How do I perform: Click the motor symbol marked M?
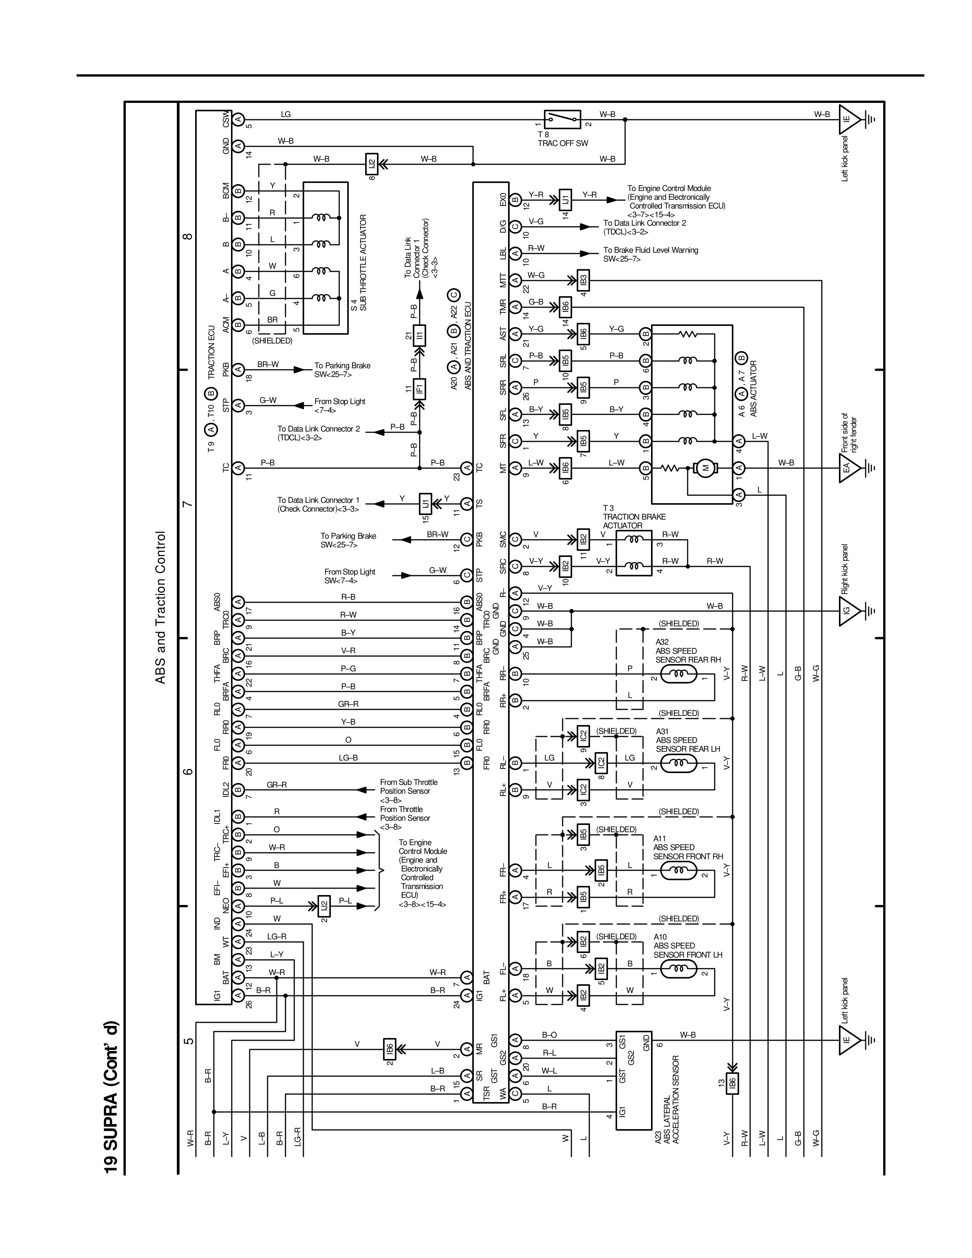click(705, 468)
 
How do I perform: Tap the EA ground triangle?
click(849, 468)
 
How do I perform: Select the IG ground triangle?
click(849, 611)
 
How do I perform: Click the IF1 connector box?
click(420, 388)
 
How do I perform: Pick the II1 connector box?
click(420, 335)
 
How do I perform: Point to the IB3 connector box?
click(583, 281)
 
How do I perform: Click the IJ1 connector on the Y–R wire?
click(565, 200)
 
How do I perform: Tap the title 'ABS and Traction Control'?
click(160, 607)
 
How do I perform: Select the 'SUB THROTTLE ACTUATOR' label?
click(363, 263)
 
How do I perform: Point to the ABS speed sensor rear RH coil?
click(678, 674)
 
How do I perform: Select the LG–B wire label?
click(348, 758)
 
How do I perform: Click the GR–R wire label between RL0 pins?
click(348, 704)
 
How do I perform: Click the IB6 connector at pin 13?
click(732, 1083)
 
